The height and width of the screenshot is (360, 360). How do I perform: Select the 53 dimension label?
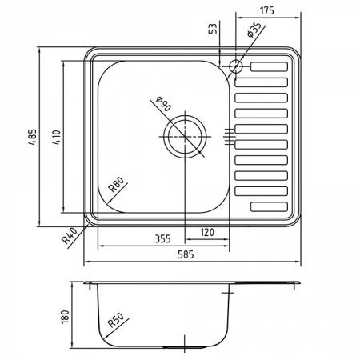(212, 30)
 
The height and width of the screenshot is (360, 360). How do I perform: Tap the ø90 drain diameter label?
(162, 103)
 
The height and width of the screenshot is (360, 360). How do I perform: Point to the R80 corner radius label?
(115, 190)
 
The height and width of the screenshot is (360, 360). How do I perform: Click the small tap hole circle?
(237, 66)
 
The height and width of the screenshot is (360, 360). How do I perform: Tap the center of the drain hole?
(186, 136)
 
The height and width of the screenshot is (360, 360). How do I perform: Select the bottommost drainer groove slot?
(270, 206)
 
